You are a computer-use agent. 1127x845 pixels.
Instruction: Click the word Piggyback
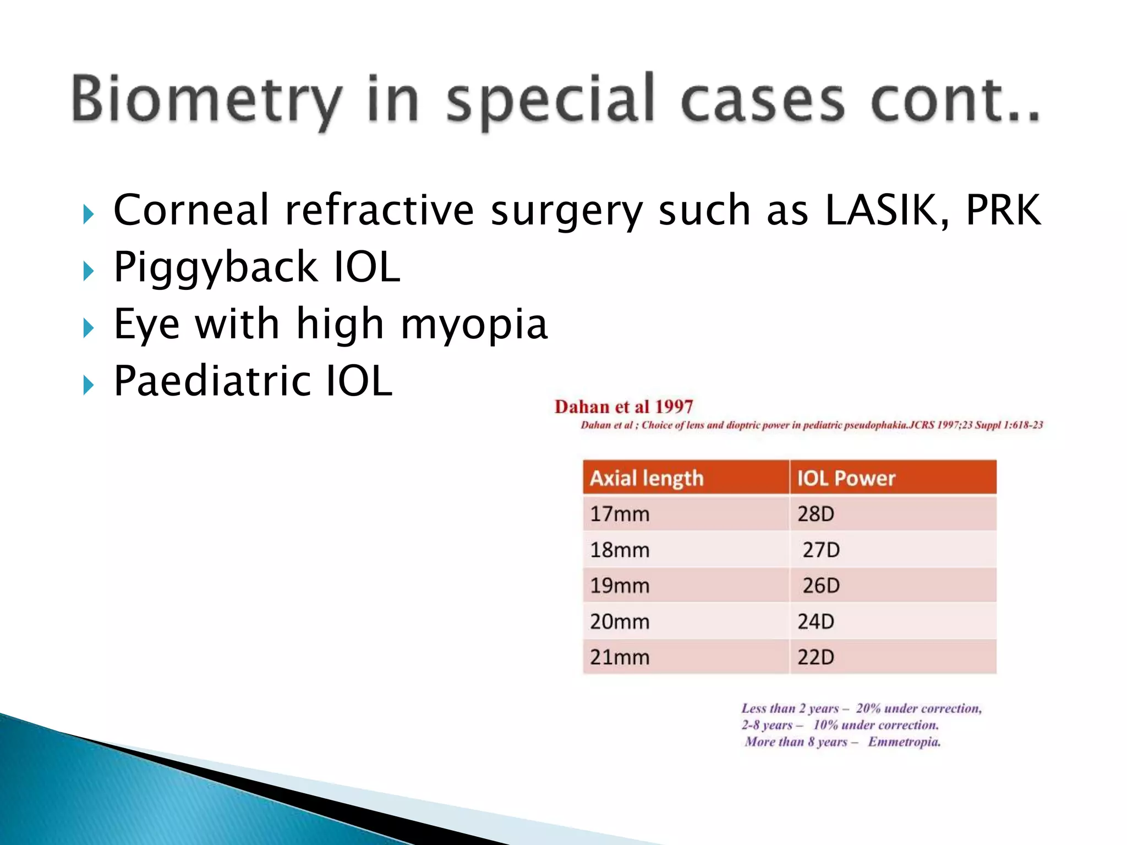coord(215,268)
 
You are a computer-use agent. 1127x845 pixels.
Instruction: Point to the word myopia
coord(474,325)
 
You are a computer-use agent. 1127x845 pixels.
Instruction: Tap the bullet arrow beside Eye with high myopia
coord(88,328)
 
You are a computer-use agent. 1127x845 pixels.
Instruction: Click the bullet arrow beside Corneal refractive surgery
coord(88,214)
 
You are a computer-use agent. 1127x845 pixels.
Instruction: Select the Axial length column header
coord(647,478)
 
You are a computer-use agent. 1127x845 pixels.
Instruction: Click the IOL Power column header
coord(846,478)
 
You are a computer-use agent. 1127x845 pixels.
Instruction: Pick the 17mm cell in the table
coord(620,514)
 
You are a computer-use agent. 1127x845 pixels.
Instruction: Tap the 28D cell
coord(816,514)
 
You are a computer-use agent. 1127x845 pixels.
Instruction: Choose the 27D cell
coord(820,550)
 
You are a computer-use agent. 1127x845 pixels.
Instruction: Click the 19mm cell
coord(620,585)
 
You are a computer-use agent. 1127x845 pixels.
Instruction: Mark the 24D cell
coord(816,622)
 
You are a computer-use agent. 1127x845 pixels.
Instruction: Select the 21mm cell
coord(620,657)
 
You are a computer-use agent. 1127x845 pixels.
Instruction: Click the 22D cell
coord(816,657)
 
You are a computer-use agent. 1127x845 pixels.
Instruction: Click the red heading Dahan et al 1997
coord(623,407)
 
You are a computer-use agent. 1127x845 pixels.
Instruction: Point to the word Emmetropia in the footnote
coord(904,742)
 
